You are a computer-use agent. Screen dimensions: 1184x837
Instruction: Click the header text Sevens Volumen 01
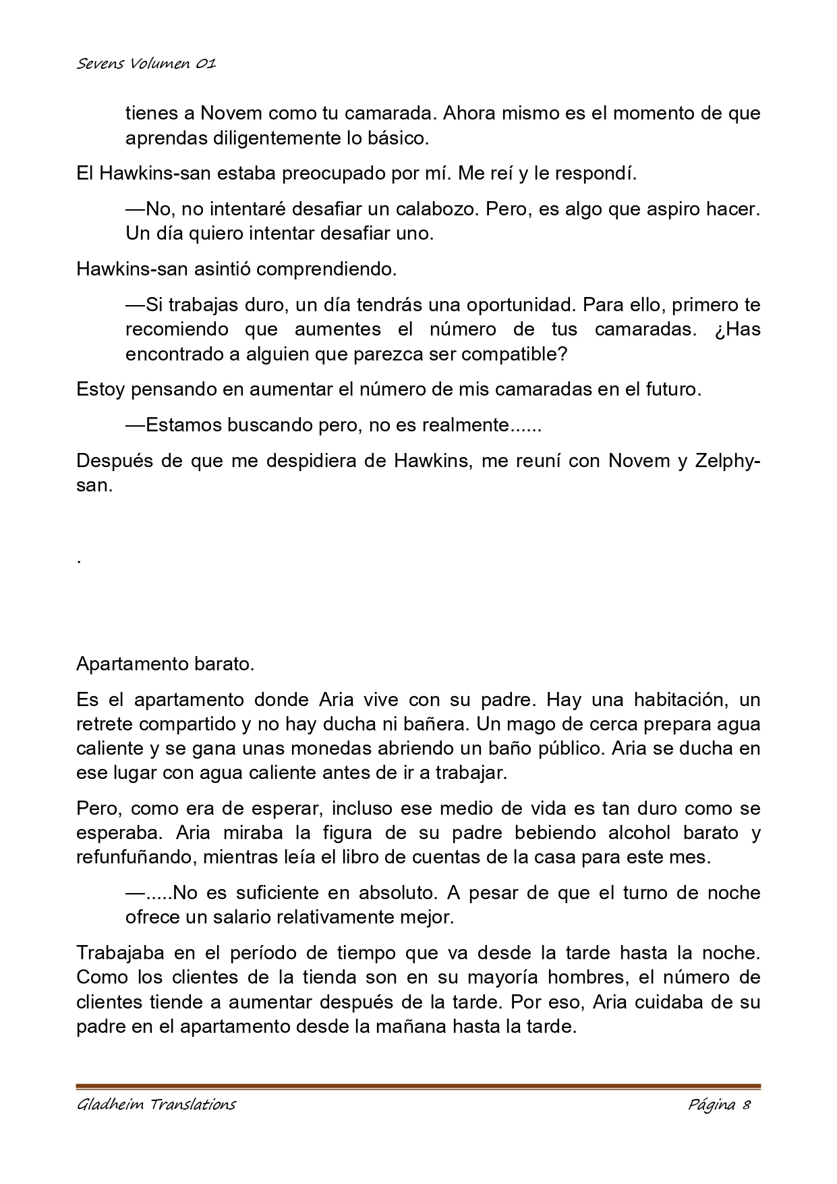146,64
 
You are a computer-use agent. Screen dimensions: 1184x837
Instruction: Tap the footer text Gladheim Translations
156,1105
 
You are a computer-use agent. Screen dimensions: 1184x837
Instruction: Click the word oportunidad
513,304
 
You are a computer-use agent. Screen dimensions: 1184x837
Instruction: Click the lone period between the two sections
80,560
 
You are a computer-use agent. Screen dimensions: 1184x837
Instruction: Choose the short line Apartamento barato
165,664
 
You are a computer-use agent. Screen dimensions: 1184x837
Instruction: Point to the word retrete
107,724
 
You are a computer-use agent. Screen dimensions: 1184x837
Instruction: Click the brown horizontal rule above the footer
418,1086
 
